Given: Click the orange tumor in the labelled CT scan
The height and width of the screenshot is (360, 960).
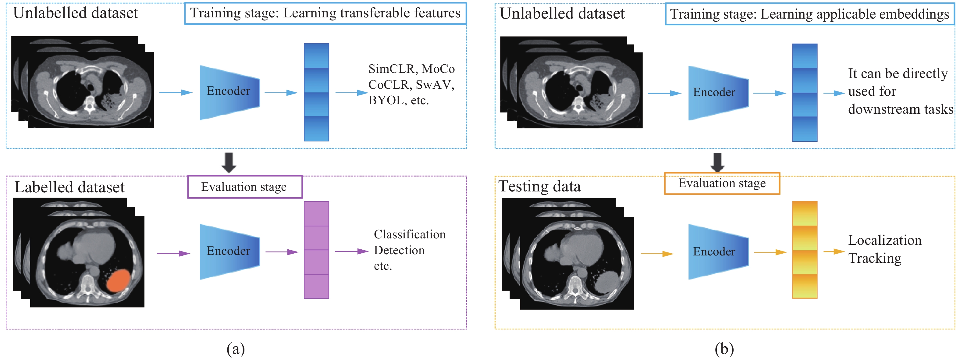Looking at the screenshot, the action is tap(119, 281).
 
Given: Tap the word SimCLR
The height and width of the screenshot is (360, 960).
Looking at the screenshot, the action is tap(391, 69).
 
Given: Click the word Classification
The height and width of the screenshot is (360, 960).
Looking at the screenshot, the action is tap(410, 234).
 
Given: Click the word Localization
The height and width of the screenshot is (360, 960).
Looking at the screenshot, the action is tap(885, 241).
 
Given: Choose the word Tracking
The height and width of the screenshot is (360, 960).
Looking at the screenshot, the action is tap(875, 258).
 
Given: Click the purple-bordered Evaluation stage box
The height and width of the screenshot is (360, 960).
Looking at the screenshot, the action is tap(245, 187).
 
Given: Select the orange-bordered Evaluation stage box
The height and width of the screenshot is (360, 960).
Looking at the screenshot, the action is tap(722, 184).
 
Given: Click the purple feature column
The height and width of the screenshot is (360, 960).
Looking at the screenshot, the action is tap(316, 250).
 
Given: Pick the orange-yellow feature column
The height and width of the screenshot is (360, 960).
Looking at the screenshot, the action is tap(805, 250).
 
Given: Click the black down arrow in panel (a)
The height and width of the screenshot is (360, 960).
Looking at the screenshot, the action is tap(229, 162).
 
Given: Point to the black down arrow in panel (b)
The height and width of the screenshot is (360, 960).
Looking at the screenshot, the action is tap(717, 162).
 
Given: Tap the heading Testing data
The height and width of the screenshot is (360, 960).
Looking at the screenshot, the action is tap(540, 186).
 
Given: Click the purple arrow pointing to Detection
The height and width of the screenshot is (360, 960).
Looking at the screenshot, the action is tap(352, 251).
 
